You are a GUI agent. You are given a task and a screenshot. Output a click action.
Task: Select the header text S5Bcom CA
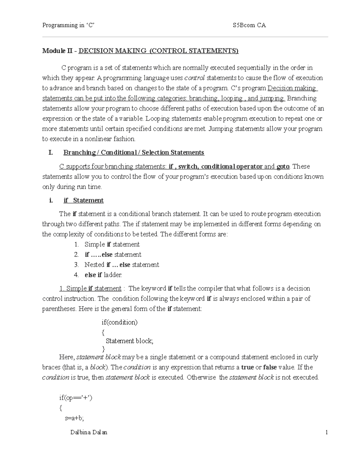pyautogui.click(x=249, y=26)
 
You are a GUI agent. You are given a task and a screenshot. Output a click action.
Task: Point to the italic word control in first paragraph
pyautogui.click(x=194, y=78)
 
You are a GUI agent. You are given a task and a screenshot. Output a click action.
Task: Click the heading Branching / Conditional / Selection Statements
pyautogui.click(x=133, y=152)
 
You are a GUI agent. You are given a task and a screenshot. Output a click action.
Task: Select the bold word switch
pyautogui.click(x=188, y=167)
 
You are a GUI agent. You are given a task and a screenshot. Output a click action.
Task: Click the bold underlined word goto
pyautogui.click(x=283, y=167)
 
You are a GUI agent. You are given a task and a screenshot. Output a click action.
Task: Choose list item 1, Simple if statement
pyautogui.click(x=112, y=244)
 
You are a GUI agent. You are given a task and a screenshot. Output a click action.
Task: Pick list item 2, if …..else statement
pyautogui.click(x=113, y=254)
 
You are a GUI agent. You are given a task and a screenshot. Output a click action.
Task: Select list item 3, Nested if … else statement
pyautogui.click(x=121, y=265)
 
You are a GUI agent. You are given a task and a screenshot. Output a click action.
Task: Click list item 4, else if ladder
pyautogui.click(x=103, y=275)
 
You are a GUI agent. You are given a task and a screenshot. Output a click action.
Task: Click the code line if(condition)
pyautogui.click(x=119, y=322)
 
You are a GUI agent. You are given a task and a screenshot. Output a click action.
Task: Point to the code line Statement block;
pyautogui.click(x=129, y=341)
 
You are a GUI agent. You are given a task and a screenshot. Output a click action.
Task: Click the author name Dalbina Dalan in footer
pyautogui.click(x=88, y=432)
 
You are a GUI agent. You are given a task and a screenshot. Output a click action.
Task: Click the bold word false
pyautogui.click(x=270, y=367)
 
